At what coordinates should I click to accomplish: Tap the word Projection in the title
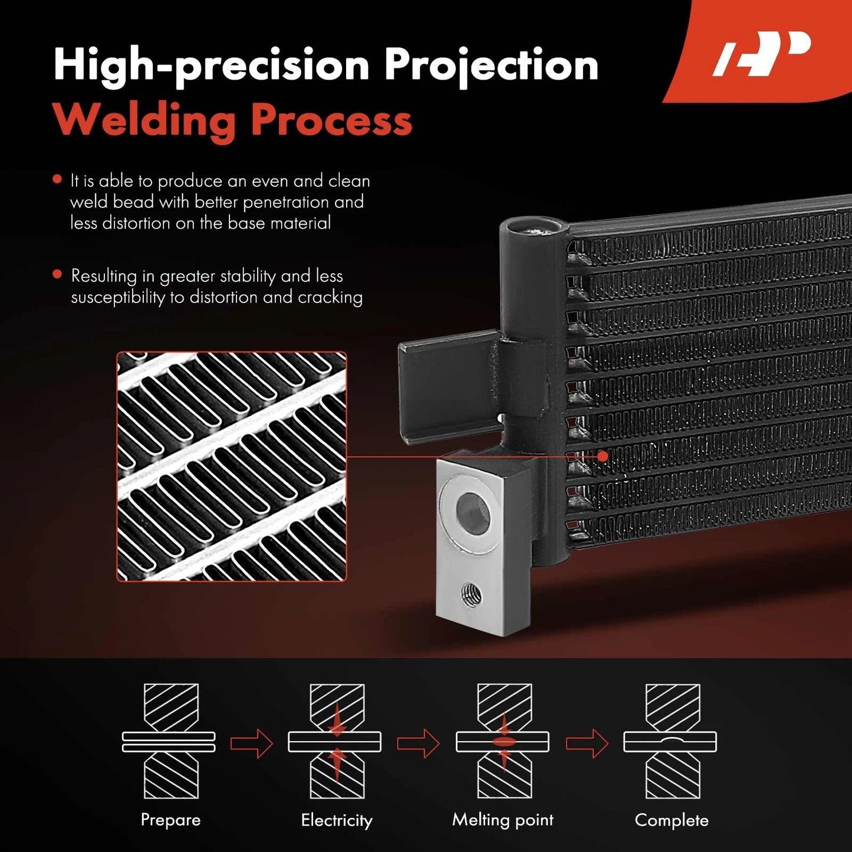pos(491,66)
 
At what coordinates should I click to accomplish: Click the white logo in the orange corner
pos(762,53)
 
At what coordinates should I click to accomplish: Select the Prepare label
pos(170,820)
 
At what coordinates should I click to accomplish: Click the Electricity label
pos(337,820)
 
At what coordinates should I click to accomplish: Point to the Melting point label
pos(503,820)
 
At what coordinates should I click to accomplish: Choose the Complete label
pos(672,820)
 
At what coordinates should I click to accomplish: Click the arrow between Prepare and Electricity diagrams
pos(252,744)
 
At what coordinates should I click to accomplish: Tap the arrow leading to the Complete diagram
pos(587,744)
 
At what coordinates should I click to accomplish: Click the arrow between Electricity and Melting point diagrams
pos(418,744)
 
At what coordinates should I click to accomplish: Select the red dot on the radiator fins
pos(603,456)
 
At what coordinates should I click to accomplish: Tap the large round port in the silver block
pos(472,512)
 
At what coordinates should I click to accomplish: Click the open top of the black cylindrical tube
pos(534,228)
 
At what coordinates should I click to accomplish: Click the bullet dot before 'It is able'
pos(57,179)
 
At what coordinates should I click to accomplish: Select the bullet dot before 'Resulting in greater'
pos(57,274)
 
